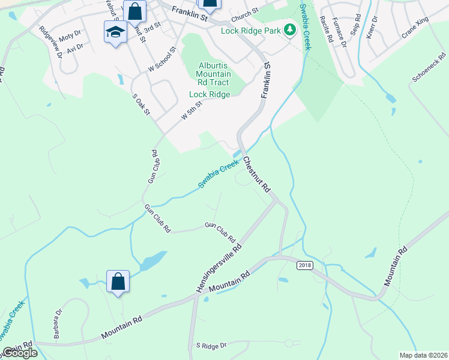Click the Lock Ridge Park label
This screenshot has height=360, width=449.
coord(252,30)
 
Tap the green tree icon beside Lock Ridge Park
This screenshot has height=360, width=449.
coord(290,29)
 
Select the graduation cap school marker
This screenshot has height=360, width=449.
coord(116,32)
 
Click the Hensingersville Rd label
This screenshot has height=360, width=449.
coord(218,268)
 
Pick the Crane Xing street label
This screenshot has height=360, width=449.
coord(415,33)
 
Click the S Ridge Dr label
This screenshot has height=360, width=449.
coord(210,346)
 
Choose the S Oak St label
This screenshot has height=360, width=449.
coord(142,104)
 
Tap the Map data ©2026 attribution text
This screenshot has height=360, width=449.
coord(423,355)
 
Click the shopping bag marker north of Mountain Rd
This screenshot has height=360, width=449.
coord(118,281)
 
